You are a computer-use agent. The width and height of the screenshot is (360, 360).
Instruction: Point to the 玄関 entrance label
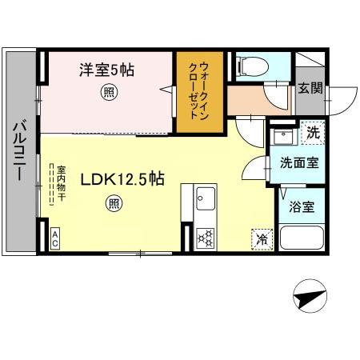click(310, 88)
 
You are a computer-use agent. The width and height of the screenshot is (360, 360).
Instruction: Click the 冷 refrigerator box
click(261, 238)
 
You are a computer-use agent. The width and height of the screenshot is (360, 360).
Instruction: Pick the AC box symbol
click(56, 237)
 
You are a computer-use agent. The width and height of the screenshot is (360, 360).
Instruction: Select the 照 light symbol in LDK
click(114, 203)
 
